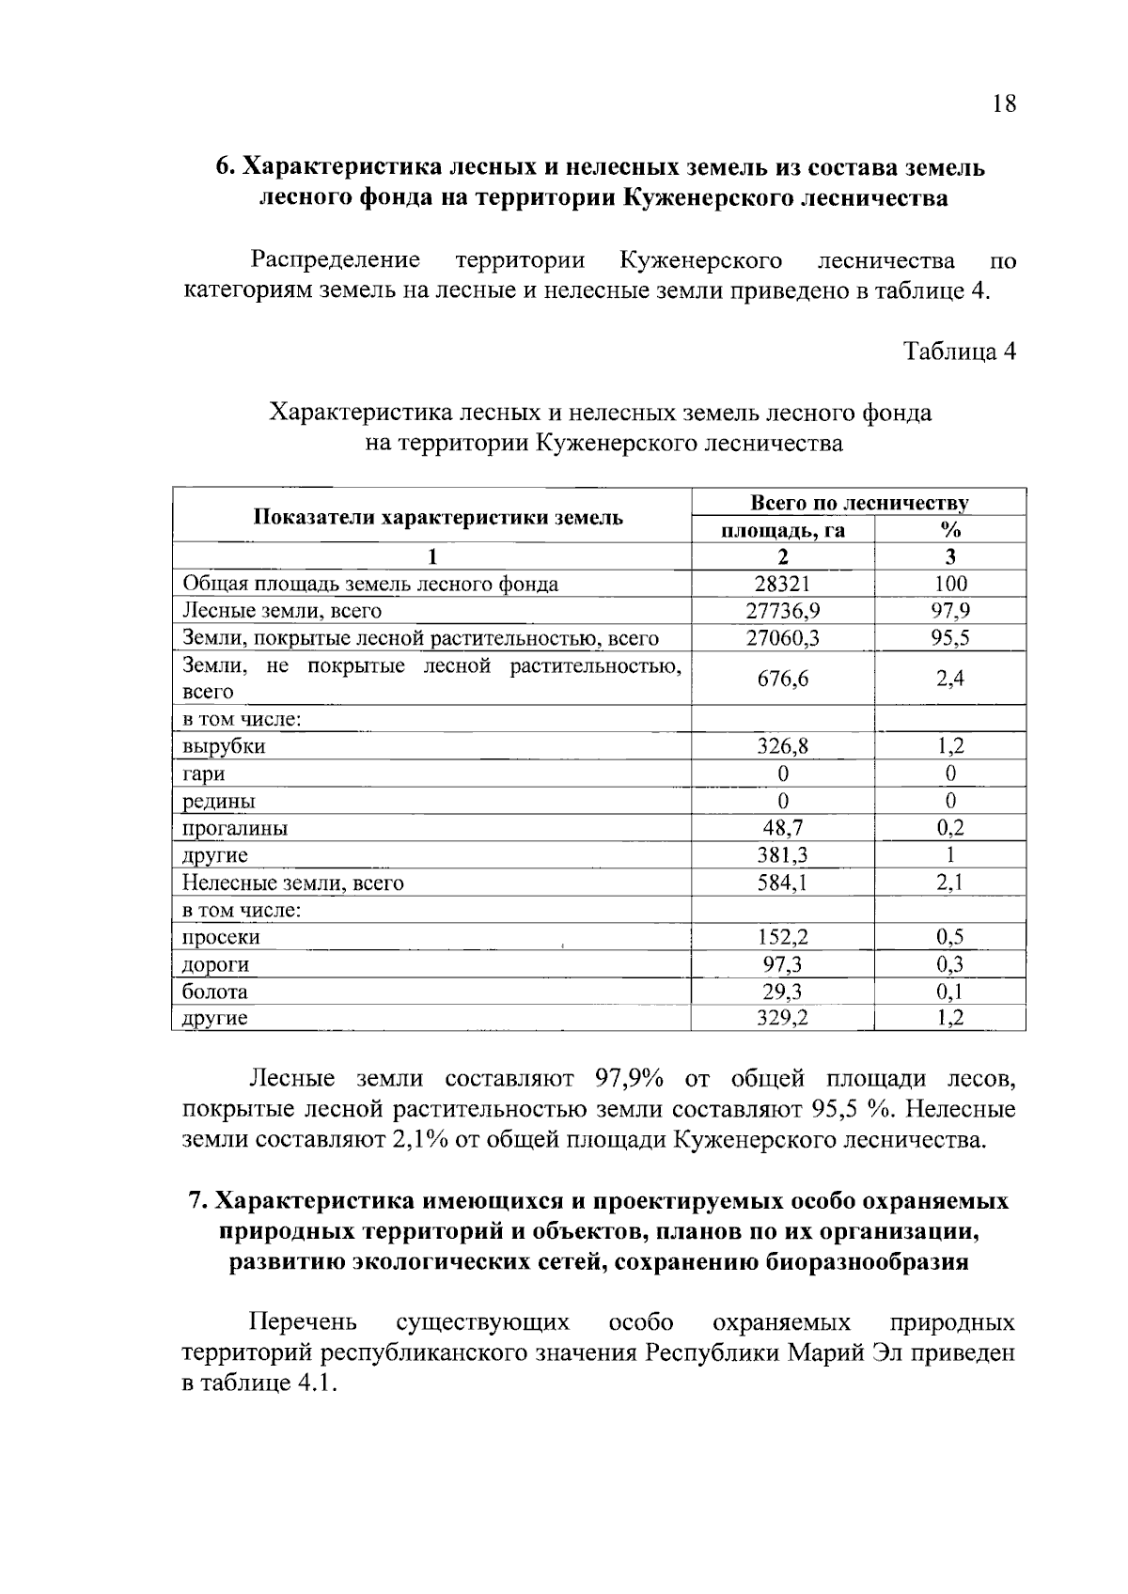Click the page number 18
[x=1003, y=103]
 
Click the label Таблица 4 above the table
[x=959, y=352]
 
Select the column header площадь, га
[x=782, y=531]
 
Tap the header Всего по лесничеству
[x=858, y=503]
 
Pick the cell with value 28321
[x=782, y=584]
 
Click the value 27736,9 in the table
[x=782, y=611]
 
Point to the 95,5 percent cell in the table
[x=950, y=638]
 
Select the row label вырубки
[x=224, y=746]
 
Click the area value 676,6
[x=782, y=679]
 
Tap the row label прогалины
[x=235, y=828]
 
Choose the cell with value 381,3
[x=782, y=855]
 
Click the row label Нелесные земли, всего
[x=292, y=883]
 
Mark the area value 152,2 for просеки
[x=782, y=937]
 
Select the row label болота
[x=215, y=992]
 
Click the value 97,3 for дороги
[x=782, y=964]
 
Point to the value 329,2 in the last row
[x=782, y=1018]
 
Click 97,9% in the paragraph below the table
[x=634, y=1078]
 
